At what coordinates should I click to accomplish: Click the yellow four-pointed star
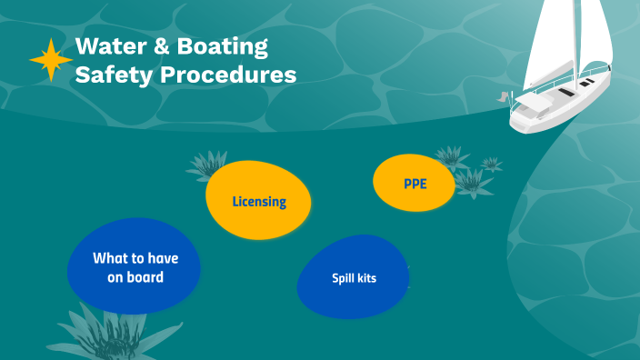click(51, 60)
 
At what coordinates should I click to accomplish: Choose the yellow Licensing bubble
click(258, 201)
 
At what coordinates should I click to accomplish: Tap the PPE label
click(415, 184)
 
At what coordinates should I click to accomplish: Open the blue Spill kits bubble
click(353, 277)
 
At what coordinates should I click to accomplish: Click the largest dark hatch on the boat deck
click(564, 92)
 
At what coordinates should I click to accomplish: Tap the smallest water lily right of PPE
click(492, 164)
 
